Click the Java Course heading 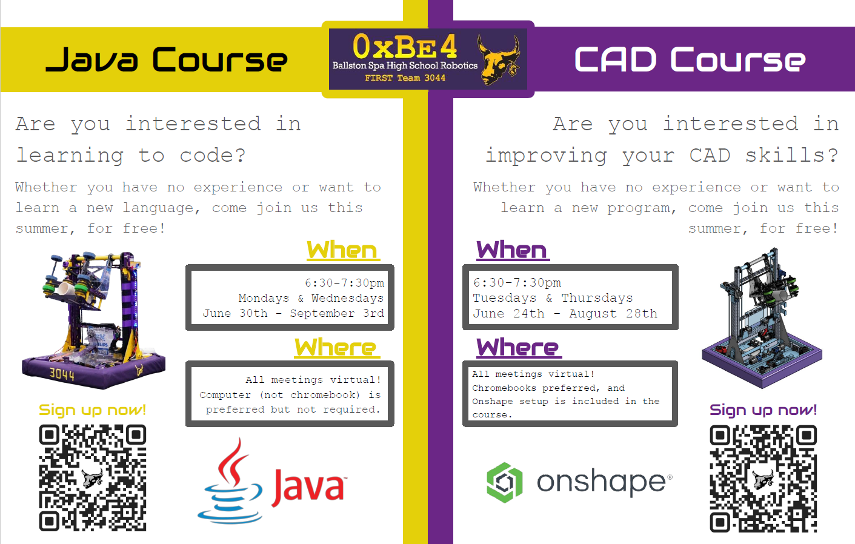coord(167,59)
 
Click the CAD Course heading coord(690,59)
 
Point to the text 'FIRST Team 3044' coord(405,78)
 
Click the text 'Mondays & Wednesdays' coord(311,298)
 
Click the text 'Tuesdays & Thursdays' coord(553,298)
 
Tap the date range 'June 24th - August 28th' coord(565,314)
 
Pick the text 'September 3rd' coord(337,314)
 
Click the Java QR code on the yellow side coord(92,477)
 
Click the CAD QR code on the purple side coord(764,479)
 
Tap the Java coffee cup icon coord(230,480)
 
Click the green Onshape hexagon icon coord(505,482)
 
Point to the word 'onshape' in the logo coord(602,482)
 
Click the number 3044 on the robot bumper coord(62,374)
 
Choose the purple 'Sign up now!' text coord(763,410)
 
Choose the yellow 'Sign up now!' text coord(92,410)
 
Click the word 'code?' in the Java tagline coord(213,155)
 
